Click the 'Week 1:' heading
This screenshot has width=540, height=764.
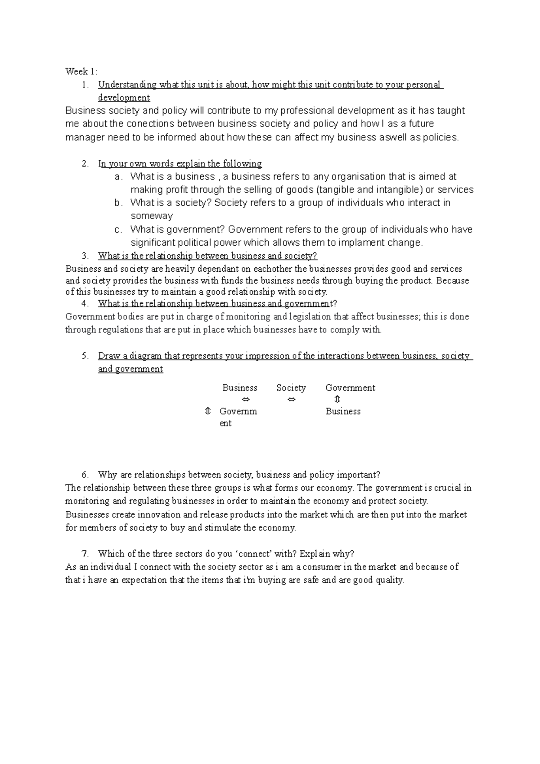point(81,71)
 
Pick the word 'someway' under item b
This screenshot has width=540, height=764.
point(152,216)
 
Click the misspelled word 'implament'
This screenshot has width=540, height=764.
point(356,243)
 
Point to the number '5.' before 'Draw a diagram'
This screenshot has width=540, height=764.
point(85,356)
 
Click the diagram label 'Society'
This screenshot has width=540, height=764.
point(291,388)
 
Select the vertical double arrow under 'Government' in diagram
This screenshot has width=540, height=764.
point(337,400)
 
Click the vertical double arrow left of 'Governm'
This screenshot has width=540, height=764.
point(207,411)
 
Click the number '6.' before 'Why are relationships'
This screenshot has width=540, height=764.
point(85,475)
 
